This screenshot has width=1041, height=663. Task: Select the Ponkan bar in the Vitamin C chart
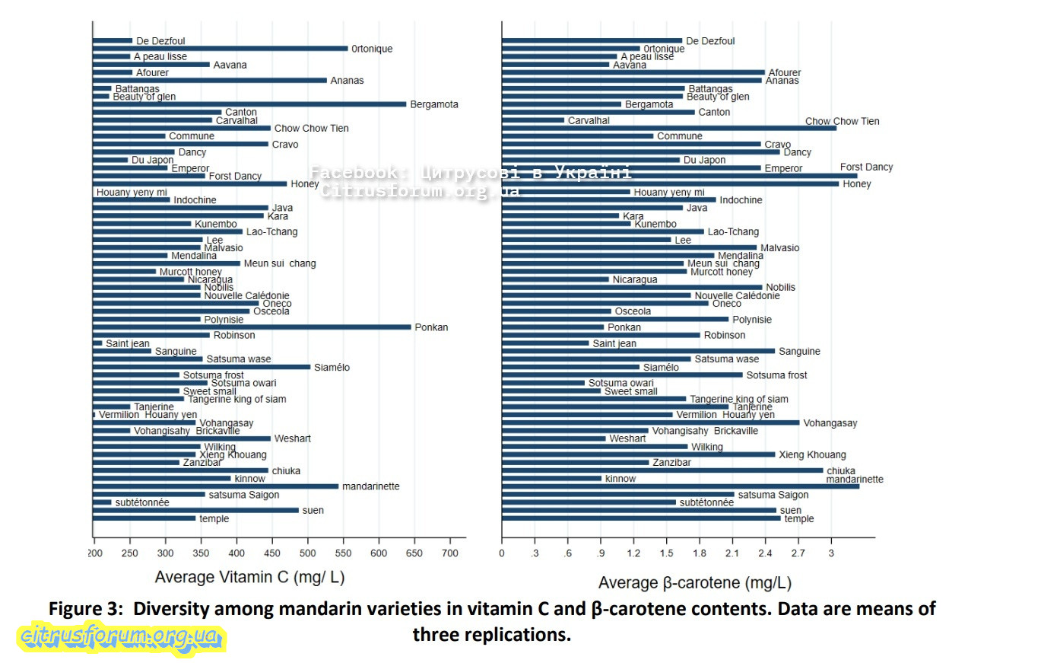coord(252,327)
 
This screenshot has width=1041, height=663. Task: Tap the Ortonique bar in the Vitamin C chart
coord(220,49)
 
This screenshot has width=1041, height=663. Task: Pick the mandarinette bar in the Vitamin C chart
coord(215,486)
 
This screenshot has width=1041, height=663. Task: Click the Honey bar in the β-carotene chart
coord(670,183)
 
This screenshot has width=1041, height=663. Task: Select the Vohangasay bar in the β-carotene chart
coord(650,422)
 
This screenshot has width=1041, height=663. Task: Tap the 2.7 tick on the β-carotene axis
coord(799,552)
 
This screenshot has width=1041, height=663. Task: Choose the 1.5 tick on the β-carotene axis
coord(667,552)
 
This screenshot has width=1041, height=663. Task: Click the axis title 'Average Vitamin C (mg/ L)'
coord(249,577)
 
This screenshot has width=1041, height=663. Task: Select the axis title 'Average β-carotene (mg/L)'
coord(694,583)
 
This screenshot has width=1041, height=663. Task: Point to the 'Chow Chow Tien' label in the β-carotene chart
coord(842,122)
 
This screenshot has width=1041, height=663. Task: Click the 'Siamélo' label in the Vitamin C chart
coord(332,368)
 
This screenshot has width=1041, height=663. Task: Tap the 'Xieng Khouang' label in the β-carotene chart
coord(811,455)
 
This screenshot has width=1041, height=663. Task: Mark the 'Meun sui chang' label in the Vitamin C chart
coord(279,263)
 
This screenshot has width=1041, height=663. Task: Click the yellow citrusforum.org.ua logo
coord(121,636)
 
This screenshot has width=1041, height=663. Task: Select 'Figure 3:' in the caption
coord(84,609)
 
